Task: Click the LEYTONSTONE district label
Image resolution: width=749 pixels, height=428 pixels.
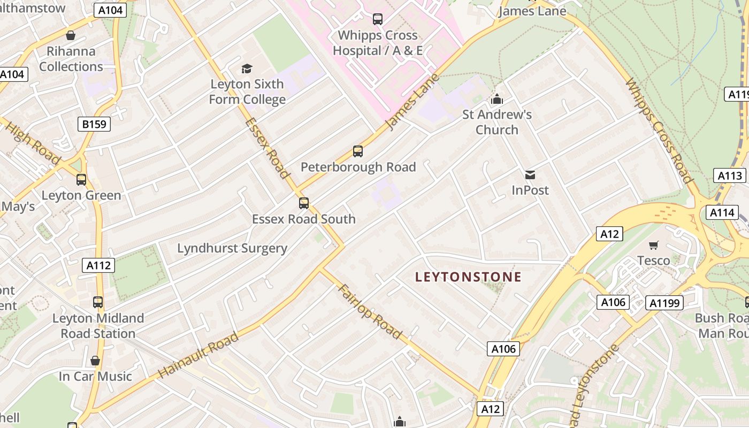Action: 468,277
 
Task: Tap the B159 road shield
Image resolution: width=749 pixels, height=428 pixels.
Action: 94,125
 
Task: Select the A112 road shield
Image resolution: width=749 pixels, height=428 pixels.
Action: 99,265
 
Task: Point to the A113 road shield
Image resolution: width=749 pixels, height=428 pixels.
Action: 729,175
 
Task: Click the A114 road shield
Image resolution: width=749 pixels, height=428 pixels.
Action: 722,212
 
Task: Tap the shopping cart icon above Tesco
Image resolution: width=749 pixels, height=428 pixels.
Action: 653,246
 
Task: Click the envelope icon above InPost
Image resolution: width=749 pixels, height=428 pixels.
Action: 530,174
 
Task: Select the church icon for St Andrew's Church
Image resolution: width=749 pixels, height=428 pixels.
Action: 497,100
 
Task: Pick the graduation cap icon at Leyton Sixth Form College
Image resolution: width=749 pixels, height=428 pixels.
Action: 247,68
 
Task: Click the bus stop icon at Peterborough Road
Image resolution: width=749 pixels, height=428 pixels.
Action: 358,151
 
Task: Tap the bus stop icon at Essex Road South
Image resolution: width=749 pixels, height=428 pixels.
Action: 304,203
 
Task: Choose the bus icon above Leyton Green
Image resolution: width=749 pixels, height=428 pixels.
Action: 81,180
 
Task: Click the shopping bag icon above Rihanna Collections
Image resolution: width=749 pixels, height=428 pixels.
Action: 71,35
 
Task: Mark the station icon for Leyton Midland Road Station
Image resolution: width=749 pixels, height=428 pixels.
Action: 98,302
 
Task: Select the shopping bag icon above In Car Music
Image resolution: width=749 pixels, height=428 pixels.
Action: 95,361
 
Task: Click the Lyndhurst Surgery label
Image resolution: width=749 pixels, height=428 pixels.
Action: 232,248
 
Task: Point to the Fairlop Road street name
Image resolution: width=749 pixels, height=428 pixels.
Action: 370,311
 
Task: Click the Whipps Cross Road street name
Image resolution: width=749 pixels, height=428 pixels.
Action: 659,131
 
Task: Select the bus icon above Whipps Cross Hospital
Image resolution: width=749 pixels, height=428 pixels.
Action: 378,19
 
